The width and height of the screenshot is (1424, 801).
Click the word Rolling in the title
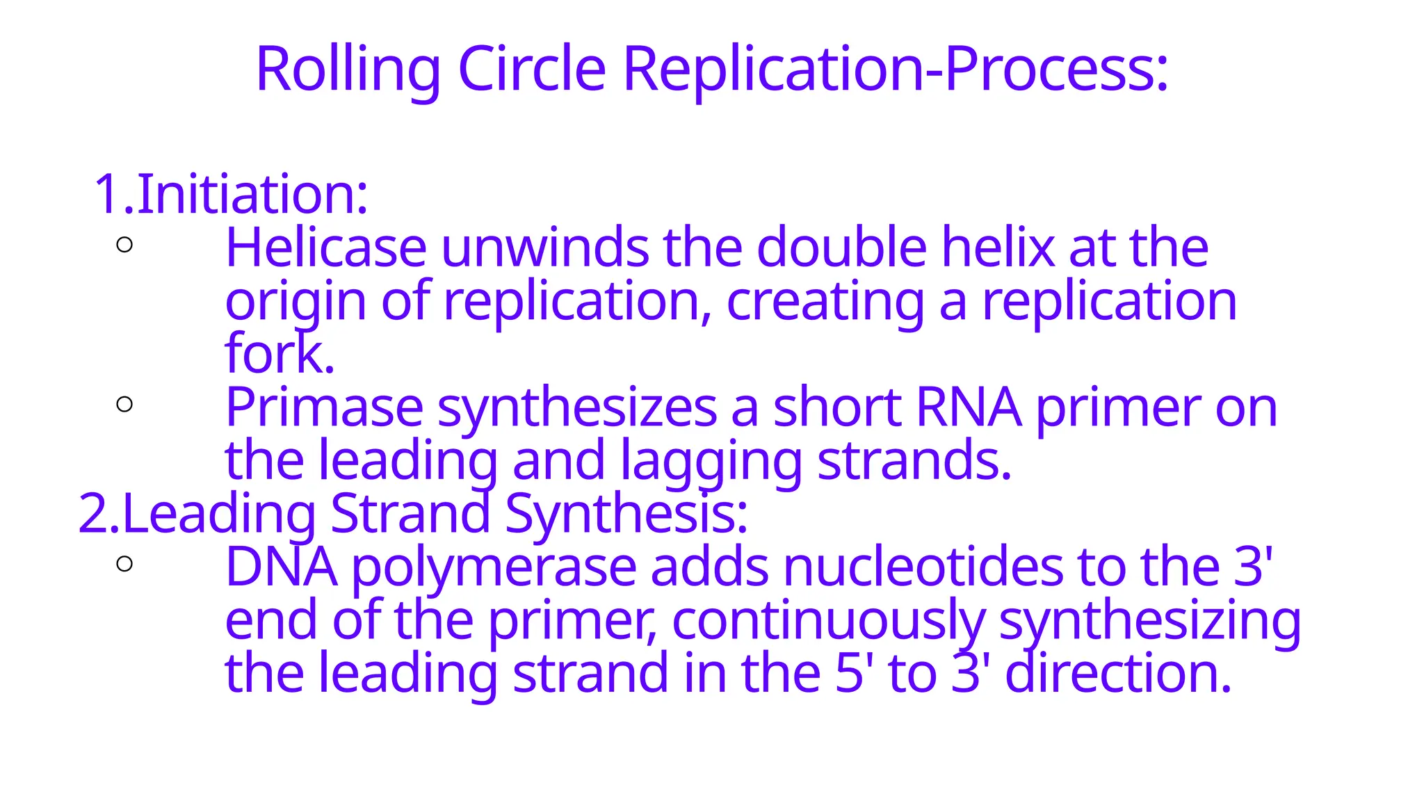coord(348,70)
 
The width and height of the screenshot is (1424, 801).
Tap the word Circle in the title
coord(532,70)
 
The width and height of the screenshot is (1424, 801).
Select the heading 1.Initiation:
coord(231,194)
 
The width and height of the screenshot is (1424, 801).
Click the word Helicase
coord(325,248)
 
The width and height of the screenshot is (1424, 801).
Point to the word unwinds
coord(544,248)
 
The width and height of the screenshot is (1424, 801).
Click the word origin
coord(296,302)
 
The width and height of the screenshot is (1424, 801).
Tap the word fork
coord(279,354)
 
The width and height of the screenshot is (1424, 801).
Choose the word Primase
coord(324,407)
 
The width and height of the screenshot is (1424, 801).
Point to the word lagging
coord(711,461)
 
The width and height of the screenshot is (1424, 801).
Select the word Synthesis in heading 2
coord(626,514)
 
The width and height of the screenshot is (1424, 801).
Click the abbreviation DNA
coord(282,567)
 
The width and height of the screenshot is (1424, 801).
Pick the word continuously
coord(828,621)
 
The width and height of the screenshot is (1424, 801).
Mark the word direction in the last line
coord(1118,674)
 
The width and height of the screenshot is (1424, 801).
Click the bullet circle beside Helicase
coord(125,245)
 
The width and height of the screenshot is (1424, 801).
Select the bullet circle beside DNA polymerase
coord(125,564)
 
